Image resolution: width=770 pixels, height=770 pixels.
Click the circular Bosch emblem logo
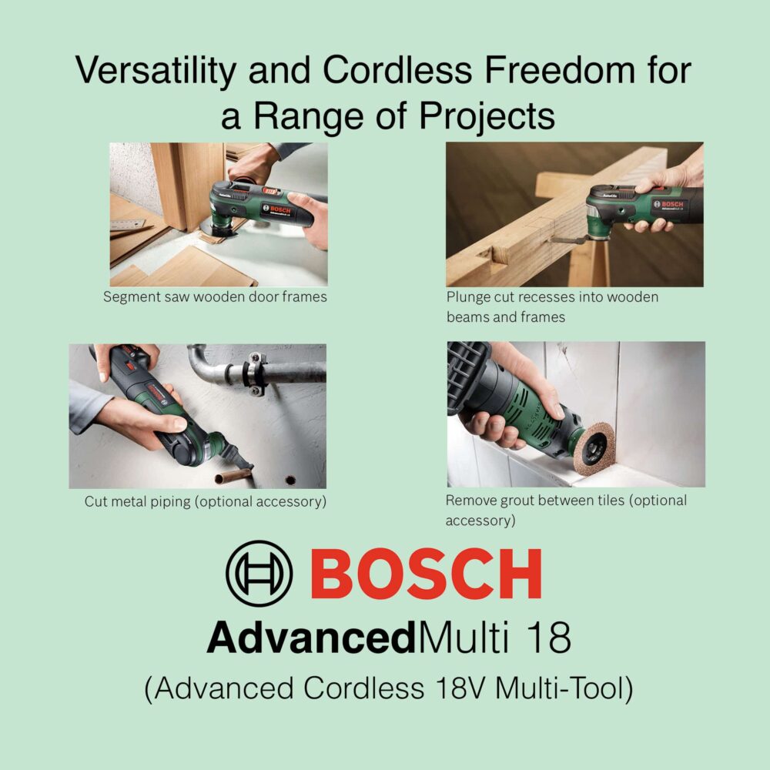pyautogui.click(x=259, y=574)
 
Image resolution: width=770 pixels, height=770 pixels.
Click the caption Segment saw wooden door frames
pyautogui.click(x=215, y=296)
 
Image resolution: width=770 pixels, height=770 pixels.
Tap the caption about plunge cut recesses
pyautogui.click(x=552, y=306)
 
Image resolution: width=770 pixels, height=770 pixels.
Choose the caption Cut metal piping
pyautogui.click(x=205, y=502)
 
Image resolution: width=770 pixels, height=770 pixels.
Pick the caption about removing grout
pyautogui.click(x=565, y=510)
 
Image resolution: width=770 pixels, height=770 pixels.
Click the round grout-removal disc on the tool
pyautogui.click(x=594, y=449)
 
